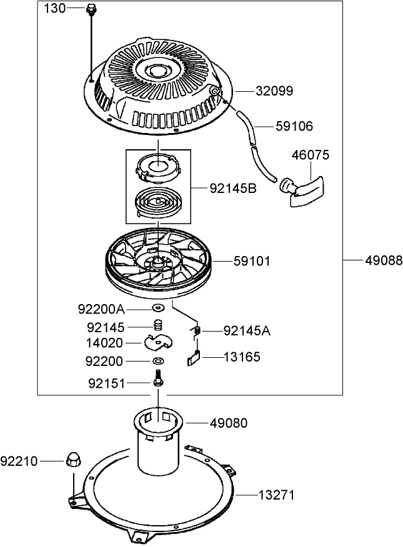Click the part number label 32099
(274, 91)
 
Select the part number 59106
(294, 126)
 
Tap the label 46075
(312, 154)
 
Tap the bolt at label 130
(91, 9)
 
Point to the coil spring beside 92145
(158, 325)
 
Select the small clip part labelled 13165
(194, 358)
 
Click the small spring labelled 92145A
(196, 331)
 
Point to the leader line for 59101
(221, 260)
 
